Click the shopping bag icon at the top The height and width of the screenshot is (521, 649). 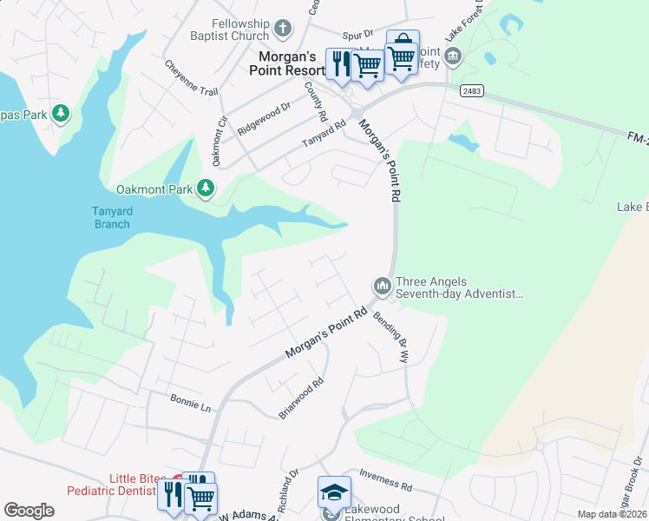point(403,43)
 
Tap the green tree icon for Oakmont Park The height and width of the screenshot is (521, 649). point(206,188)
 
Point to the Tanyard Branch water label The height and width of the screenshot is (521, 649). point(111,217)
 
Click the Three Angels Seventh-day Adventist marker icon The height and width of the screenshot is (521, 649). point(381,286)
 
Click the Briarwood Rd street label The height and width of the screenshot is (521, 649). point(301,399)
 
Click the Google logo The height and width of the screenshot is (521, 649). point(29,511)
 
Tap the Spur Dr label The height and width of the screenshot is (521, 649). point(357,35)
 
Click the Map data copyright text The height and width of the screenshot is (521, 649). point(613,514)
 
